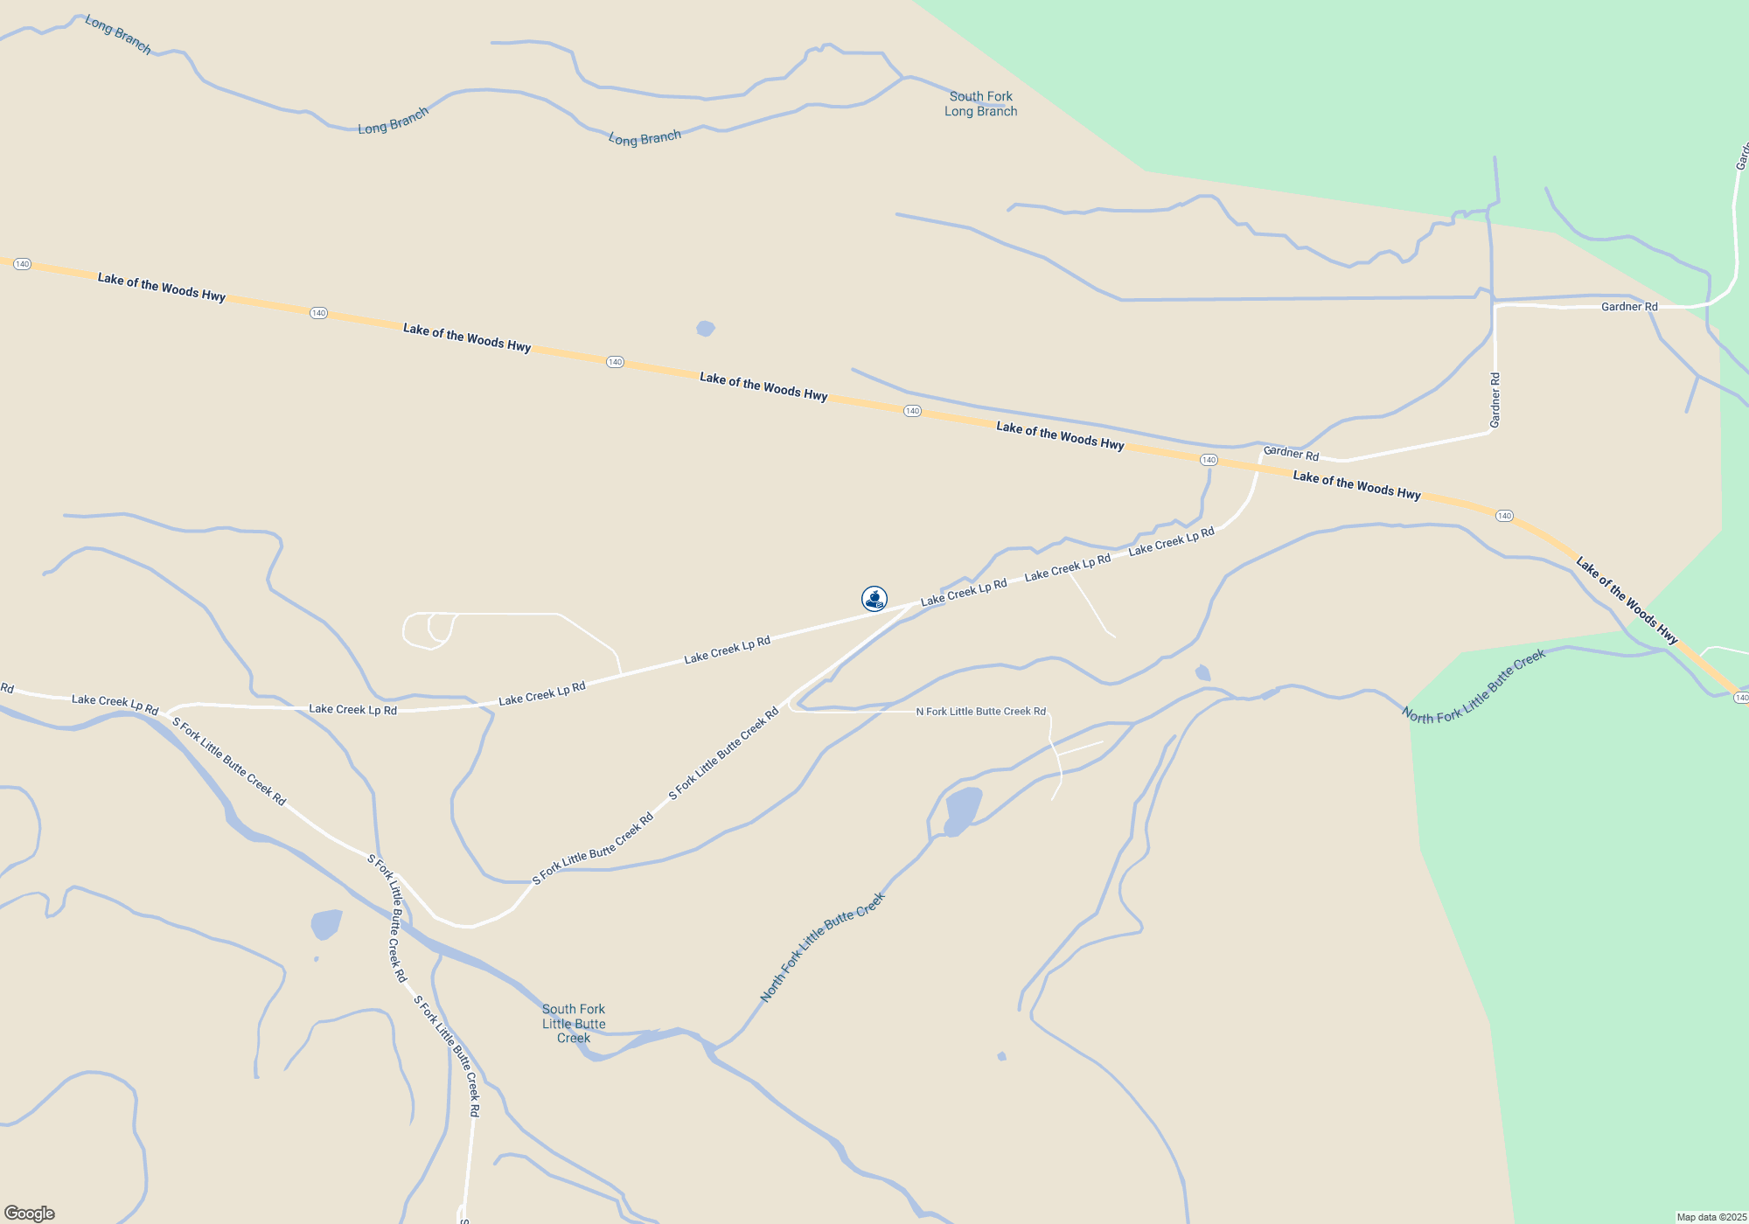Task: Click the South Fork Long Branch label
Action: pos(980,104)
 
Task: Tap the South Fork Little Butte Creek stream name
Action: pos(574,1023)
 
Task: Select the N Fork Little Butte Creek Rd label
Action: pos(980,712)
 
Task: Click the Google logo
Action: pos(30,1214)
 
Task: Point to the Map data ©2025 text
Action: pos(1711,1217)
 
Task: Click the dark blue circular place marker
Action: pos(874,598)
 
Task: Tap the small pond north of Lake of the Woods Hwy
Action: pos(706,329)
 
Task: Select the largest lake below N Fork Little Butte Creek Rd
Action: pos(962,810)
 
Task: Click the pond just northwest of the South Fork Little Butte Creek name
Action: pos(326,924)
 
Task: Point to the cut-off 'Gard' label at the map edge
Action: pos(1742,156)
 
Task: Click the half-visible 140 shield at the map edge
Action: pos(1741,697)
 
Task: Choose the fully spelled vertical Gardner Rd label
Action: pos(1495,400)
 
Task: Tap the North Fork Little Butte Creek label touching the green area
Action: pos(1474,687)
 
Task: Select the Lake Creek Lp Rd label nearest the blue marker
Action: pos(963,592)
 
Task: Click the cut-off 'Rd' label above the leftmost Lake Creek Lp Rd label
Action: pos(7,688)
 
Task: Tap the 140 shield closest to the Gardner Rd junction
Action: pos(1209,460)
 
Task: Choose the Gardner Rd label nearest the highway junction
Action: pos(1291,453)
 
